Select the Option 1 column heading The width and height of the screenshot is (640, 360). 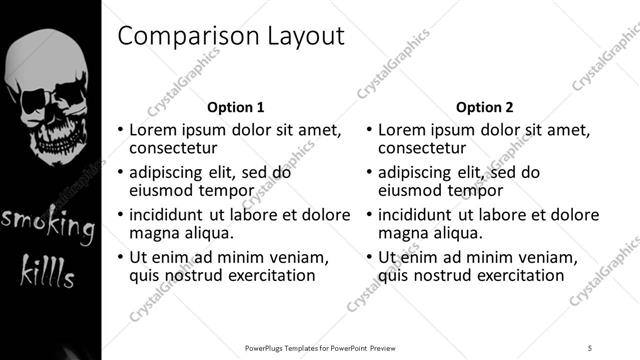[x=235, y=107]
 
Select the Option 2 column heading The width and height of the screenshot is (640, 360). [x=485, y=107]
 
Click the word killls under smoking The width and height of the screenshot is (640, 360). [x=47, y=269]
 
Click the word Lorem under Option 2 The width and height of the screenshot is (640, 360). [x=405, y=130]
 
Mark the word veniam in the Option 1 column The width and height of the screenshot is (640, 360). [x=301, y=256]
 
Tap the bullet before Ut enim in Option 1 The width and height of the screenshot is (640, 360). [x=121, y=257]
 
